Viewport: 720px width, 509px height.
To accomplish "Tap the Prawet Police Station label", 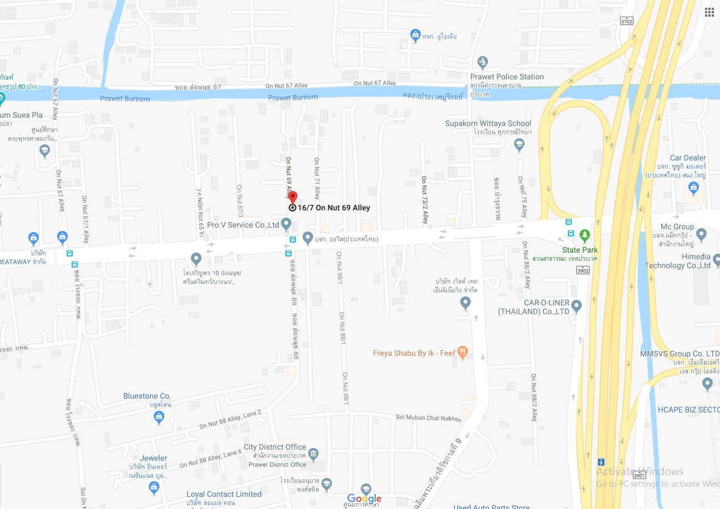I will (507, 77).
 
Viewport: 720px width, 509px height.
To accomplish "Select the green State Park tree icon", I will (585, 235).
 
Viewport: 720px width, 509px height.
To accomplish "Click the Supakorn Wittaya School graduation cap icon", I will (519, 145).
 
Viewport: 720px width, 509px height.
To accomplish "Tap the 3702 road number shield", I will (627, 21).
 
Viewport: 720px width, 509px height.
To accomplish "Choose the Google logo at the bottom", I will (364, 498).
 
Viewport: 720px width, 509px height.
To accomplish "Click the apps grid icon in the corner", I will (709, 13).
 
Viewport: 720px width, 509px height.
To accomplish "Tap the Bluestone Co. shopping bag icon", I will (159, 418).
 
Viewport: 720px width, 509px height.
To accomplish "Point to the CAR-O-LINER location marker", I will (577, 306).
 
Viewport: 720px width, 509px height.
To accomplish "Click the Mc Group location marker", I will (701, 235).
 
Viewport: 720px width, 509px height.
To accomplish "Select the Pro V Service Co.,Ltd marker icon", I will (286, 224).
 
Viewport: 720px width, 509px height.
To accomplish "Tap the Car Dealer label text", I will (687, 158).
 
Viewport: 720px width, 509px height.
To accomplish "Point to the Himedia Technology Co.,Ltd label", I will (677, 261).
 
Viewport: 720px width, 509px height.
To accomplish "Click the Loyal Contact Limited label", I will (224, 494).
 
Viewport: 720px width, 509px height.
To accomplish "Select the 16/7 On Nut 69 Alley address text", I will (334, 208).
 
